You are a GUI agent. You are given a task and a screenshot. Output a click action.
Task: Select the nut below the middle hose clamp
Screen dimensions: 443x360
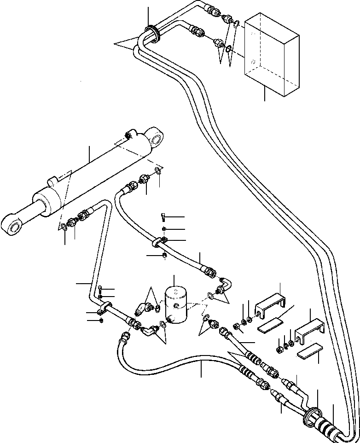(x=165, y=256)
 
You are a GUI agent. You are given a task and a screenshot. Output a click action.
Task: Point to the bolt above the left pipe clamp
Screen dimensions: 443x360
(x=101, y=290)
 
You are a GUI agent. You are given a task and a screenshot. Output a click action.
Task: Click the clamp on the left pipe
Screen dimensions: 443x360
(x=105, y=306)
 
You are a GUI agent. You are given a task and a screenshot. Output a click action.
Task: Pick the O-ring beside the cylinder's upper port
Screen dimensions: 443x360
(x=158, y=171)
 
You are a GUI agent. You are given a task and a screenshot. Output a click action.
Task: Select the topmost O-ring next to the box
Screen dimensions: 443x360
(x=236, y=23)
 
